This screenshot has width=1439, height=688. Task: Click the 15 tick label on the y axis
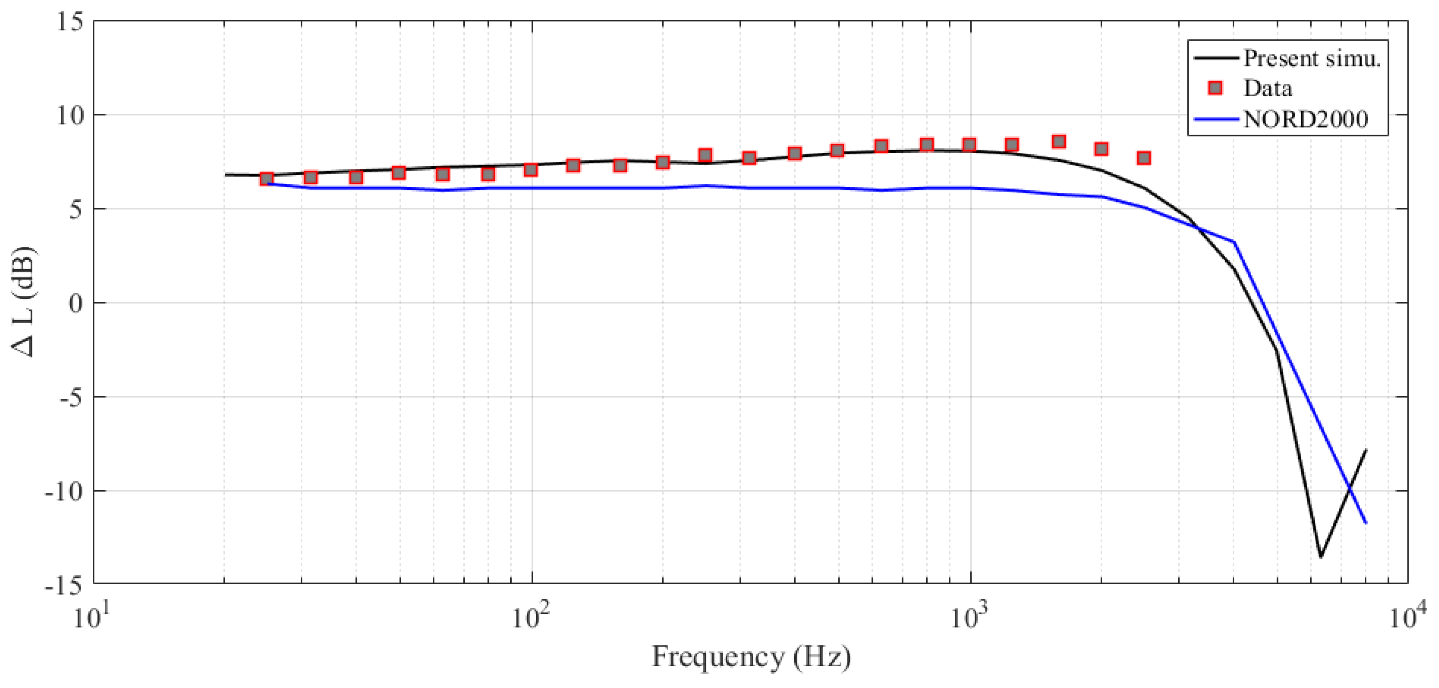(70, 22)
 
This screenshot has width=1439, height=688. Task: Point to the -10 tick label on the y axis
(63, 492)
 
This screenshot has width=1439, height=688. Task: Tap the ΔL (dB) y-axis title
(23, 302)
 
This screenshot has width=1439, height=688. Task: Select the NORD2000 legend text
(1306, 119)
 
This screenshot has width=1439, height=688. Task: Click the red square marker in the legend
(1215, 88)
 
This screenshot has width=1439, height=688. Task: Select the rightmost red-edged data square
(1144, 158)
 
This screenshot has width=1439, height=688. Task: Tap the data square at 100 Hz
(531, 170)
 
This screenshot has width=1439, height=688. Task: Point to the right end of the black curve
(1366, 450)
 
